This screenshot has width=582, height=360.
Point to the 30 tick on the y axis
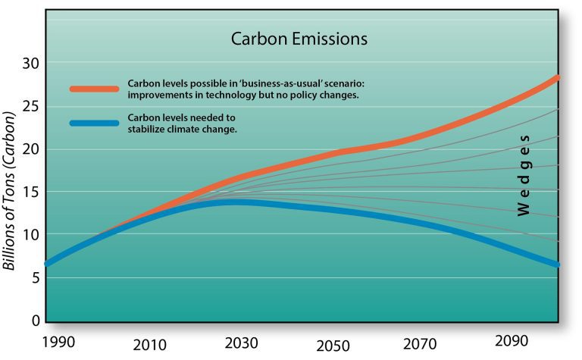(32, 62)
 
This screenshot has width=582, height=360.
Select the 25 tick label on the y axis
(32, 105)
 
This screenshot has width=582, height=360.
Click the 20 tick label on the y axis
(32, 149)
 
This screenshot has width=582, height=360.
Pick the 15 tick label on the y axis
(32, 192)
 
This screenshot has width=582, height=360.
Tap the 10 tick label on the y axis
(32, 235)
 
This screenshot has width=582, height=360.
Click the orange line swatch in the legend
(94, 89)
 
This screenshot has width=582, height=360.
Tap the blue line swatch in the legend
(94, 124)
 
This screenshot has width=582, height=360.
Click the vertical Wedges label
(524, 174)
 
